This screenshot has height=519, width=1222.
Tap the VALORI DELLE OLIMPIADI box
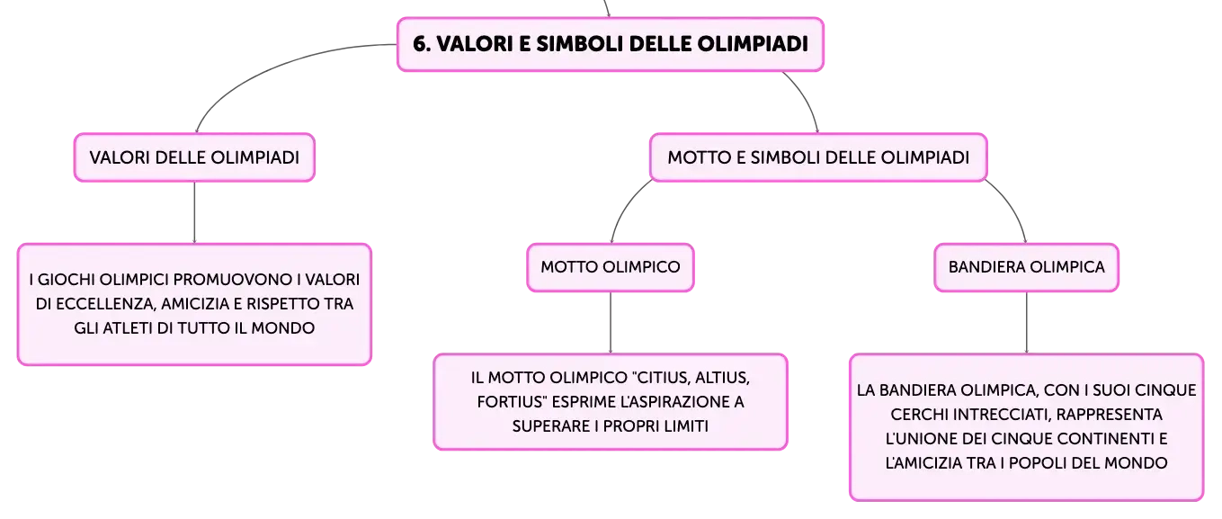pos(194,157)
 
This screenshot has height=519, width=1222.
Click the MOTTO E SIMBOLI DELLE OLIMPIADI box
pos(818,157)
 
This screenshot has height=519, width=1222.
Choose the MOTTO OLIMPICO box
pos(611,267)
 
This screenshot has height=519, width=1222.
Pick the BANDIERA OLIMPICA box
pos(1026,267)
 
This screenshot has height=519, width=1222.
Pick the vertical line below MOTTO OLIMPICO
pos(611,323)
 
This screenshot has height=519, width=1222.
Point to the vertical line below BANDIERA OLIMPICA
pos(1026,323)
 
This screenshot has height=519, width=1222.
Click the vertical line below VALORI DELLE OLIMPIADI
pos(194,212)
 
